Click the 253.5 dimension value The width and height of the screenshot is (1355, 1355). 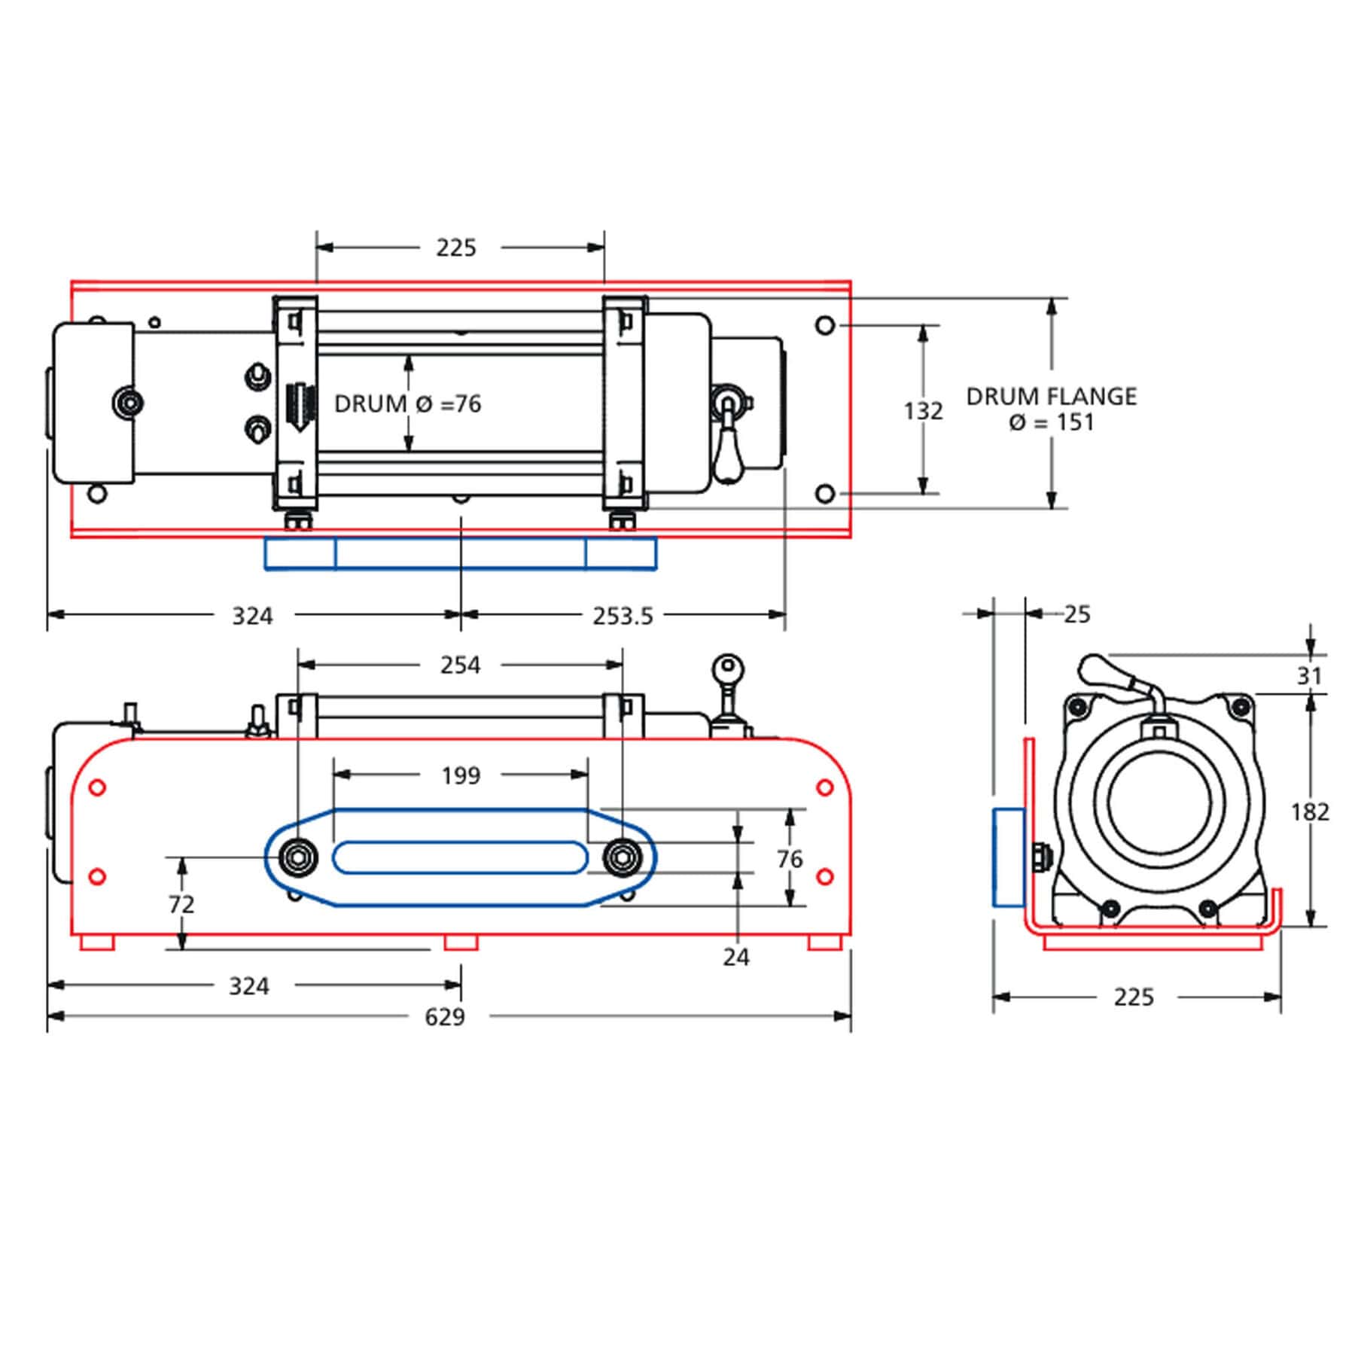pyautogui.click(x=623, y=616)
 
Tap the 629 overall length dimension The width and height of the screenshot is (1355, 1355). pyautogui.click(x=445, y=1017)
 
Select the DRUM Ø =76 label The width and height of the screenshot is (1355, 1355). pyautogui.click(x=407, y=404)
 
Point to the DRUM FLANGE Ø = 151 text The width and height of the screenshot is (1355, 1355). pyautogui.click(x=1052, y=409)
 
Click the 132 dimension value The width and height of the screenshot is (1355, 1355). pyautogui.click(x=923, y=411)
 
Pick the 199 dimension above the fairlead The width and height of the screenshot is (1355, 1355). pyautogui.click(x=460, y=775)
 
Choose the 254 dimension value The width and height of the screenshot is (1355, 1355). pyautogui.click(x=460, y=665)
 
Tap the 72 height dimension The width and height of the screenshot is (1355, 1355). pyautogui.click(x=181, y=904)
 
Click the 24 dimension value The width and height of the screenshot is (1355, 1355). pyautogui.click(x=736, y=957)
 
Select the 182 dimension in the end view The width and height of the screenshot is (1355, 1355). pyautogui.click(x=1310, y=811)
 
